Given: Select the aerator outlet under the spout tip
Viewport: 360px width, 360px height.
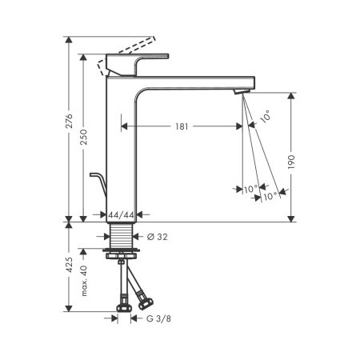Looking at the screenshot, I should click(x=238, y=94).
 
